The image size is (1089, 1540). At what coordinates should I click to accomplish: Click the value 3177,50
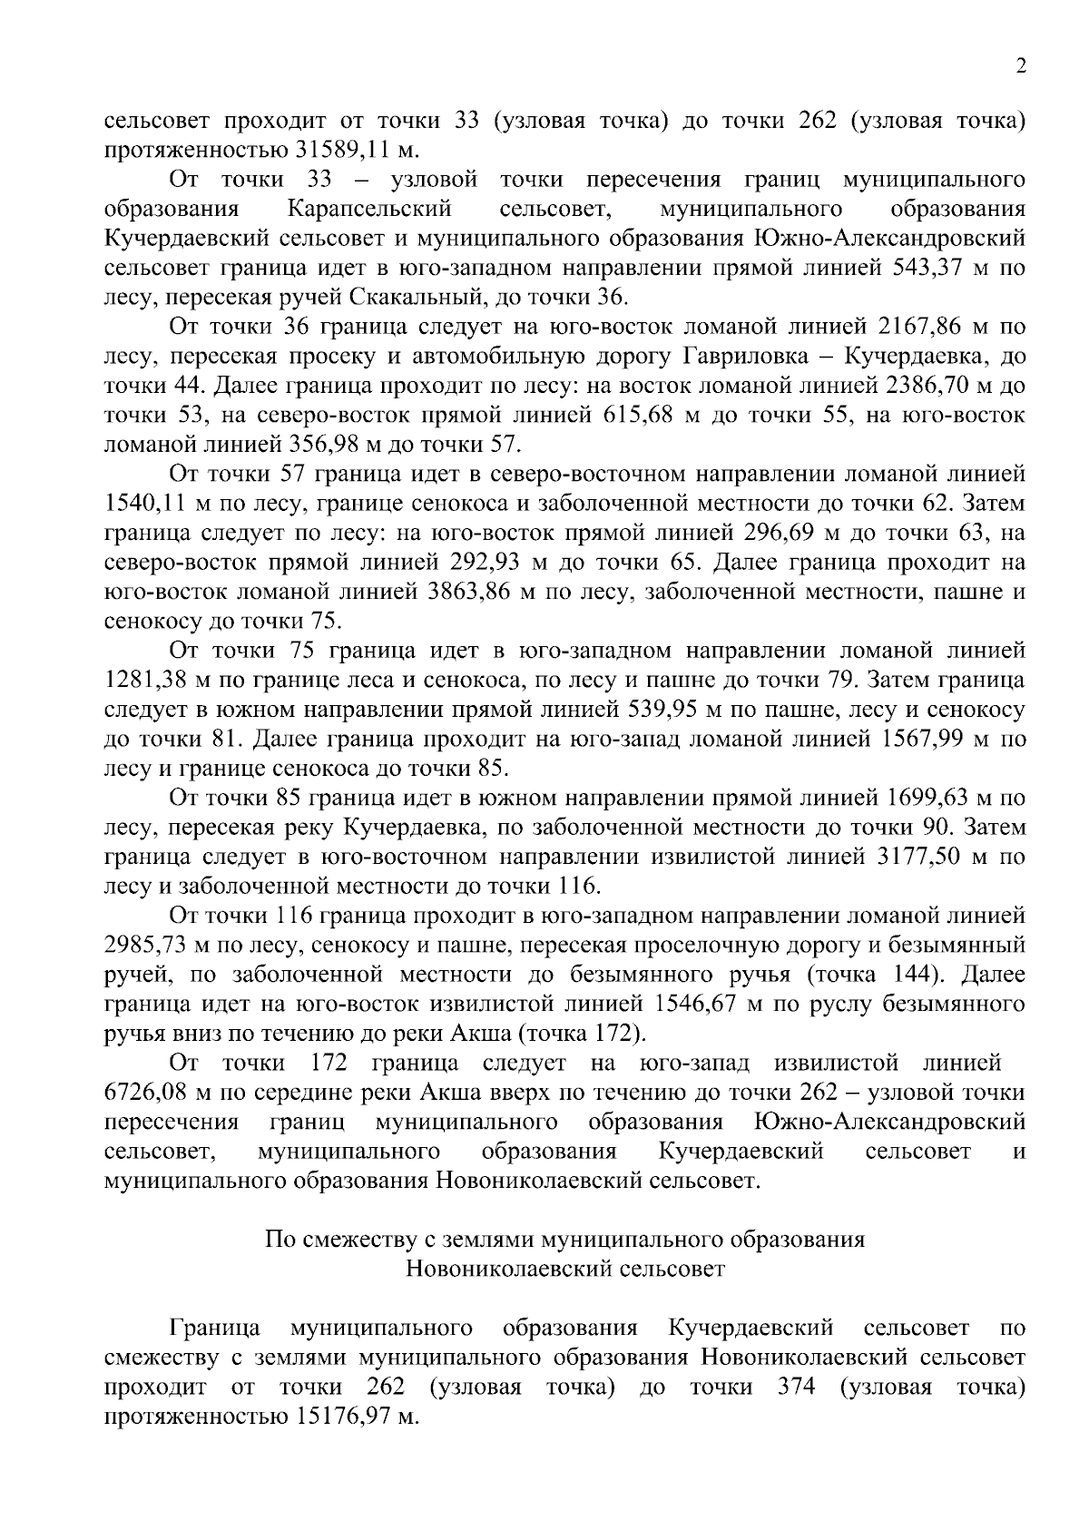(x=921, y=858)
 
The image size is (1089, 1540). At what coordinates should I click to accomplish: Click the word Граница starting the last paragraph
(x=215, y=1329)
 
